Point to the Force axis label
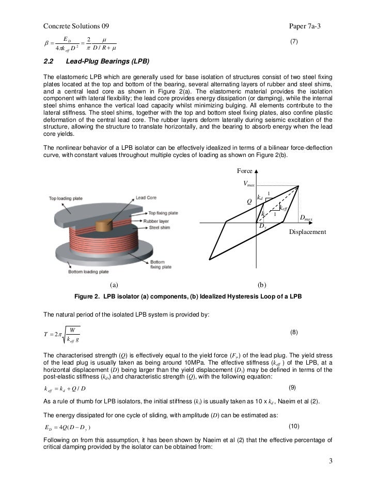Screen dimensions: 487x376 (245, 171)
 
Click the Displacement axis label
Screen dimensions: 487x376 (307, 232)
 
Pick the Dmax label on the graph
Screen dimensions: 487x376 (306, 218)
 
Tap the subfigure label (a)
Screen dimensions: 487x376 (114, 284)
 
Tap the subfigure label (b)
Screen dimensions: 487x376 (261, 284)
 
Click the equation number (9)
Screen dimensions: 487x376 (292, 387)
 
